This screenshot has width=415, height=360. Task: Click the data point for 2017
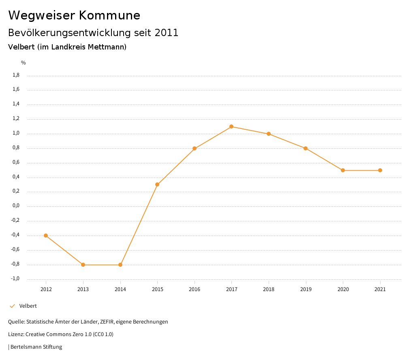click(x=231, y=126)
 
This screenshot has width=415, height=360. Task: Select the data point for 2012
click(x=46, y=236)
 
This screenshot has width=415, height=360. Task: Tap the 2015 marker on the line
click(x=157, y=184)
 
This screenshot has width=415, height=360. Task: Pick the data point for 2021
click(x=380, y=170)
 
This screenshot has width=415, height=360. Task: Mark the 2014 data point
click(x=120, y=265)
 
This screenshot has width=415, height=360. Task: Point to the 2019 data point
click(x=306, y=148)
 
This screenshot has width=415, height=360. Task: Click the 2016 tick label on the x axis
click(x=195, y=289)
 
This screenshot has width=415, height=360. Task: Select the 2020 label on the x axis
click(x=343, y=289)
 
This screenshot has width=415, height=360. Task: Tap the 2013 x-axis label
click(x=83, y=289)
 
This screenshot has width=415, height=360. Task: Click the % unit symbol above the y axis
click(x=24, y=63)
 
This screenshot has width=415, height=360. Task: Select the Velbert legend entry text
click(x=28, y=306)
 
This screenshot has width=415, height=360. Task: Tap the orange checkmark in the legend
click(x=12, y=306)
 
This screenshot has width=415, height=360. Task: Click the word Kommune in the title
click(x=109, y=15)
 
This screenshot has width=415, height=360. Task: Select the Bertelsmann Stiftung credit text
click(x=36, y=347)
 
